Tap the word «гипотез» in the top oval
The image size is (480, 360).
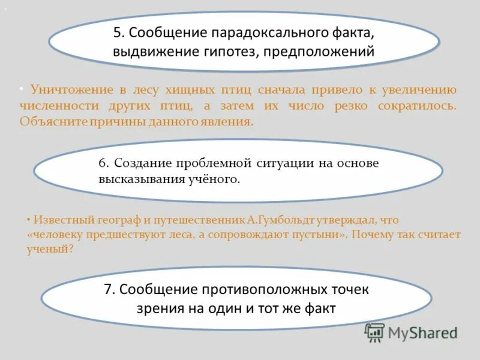coord(226,52)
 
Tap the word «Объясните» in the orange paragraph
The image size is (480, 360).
coord(53,121)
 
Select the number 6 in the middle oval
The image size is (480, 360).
coord(103,163)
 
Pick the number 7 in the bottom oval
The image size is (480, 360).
coord(109,289)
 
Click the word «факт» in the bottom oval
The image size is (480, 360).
coord(322,308)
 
